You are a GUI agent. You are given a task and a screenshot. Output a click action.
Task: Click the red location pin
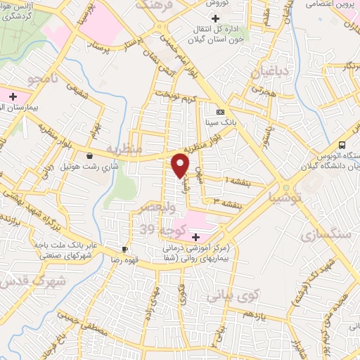[x=181, y=165]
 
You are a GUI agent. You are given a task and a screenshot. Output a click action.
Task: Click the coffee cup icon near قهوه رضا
[x=125, y=249]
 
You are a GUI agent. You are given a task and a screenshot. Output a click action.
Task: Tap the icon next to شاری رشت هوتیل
[x=89, y=155]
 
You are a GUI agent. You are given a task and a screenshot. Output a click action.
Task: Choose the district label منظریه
[x=126, y=149]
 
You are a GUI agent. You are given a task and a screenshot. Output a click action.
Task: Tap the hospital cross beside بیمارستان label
[x=12, y=94]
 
